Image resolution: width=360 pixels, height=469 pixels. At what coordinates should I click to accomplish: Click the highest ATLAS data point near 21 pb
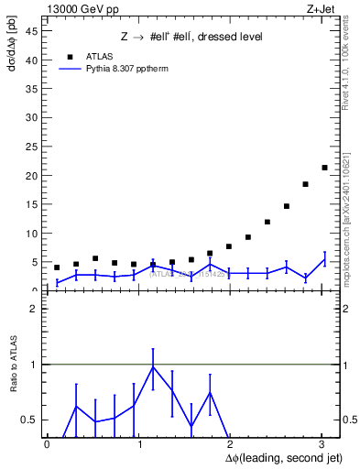coord(324,168)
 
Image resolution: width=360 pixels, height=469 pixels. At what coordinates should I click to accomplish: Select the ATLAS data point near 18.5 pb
coord(305,184)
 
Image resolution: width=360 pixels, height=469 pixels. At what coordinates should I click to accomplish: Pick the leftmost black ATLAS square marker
coord(57,267)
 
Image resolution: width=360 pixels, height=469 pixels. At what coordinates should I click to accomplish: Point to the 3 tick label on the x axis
coord(322,444)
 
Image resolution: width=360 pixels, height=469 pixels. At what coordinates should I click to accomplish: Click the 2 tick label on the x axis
coord(230,444)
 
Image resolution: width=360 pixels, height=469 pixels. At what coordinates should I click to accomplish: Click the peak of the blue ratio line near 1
coord(153,366)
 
